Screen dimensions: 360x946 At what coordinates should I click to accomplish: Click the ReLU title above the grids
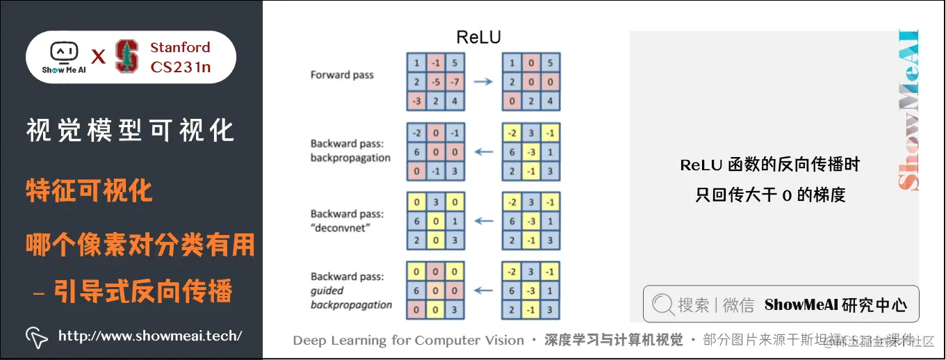coord(478,37)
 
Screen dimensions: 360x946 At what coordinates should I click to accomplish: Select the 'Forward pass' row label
coord(341,74)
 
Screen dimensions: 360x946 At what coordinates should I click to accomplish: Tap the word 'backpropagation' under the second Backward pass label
coord(350,157)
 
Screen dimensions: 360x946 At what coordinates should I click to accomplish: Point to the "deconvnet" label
coord(343,228)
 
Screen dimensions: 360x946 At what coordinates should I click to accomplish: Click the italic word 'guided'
coord(327,291)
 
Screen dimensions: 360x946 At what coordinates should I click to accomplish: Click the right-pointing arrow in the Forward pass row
coord(483,82)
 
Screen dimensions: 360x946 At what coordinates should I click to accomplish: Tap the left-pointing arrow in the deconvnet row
coord(483,222)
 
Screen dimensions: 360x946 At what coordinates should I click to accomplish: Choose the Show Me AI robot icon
coord(63,53)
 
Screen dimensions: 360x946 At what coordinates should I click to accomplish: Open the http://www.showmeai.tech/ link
coord(149,336)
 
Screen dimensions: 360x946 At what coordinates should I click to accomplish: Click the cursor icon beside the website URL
coord(36,336)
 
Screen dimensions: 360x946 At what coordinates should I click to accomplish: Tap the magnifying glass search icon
coord(663,304)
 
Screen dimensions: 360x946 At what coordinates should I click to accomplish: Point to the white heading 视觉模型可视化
coord(131,131)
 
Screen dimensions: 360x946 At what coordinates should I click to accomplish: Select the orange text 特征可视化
coord(90,190)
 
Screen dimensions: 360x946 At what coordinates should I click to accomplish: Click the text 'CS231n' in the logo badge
coord(181,67)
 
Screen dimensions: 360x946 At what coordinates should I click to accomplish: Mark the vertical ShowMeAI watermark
coord(908,111)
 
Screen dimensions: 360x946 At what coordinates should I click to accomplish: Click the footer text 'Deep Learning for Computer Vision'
coord(409,340)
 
